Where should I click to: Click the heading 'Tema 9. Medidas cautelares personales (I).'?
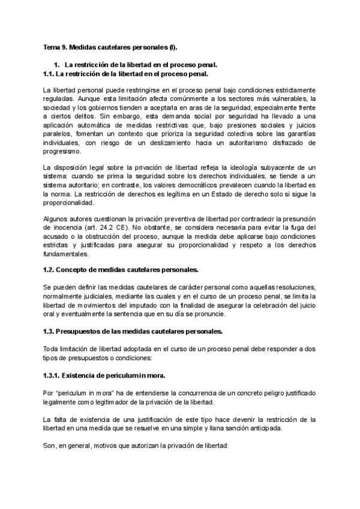(110, 46)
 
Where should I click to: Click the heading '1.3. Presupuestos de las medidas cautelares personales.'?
(133, 332)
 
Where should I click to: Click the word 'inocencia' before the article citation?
(67, 229)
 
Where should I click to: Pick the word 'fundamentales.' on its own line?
(67, 254)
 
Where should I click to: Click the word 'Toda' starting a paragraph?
(52, 349)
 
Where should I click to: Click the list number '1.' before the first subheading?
(57, 64)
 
